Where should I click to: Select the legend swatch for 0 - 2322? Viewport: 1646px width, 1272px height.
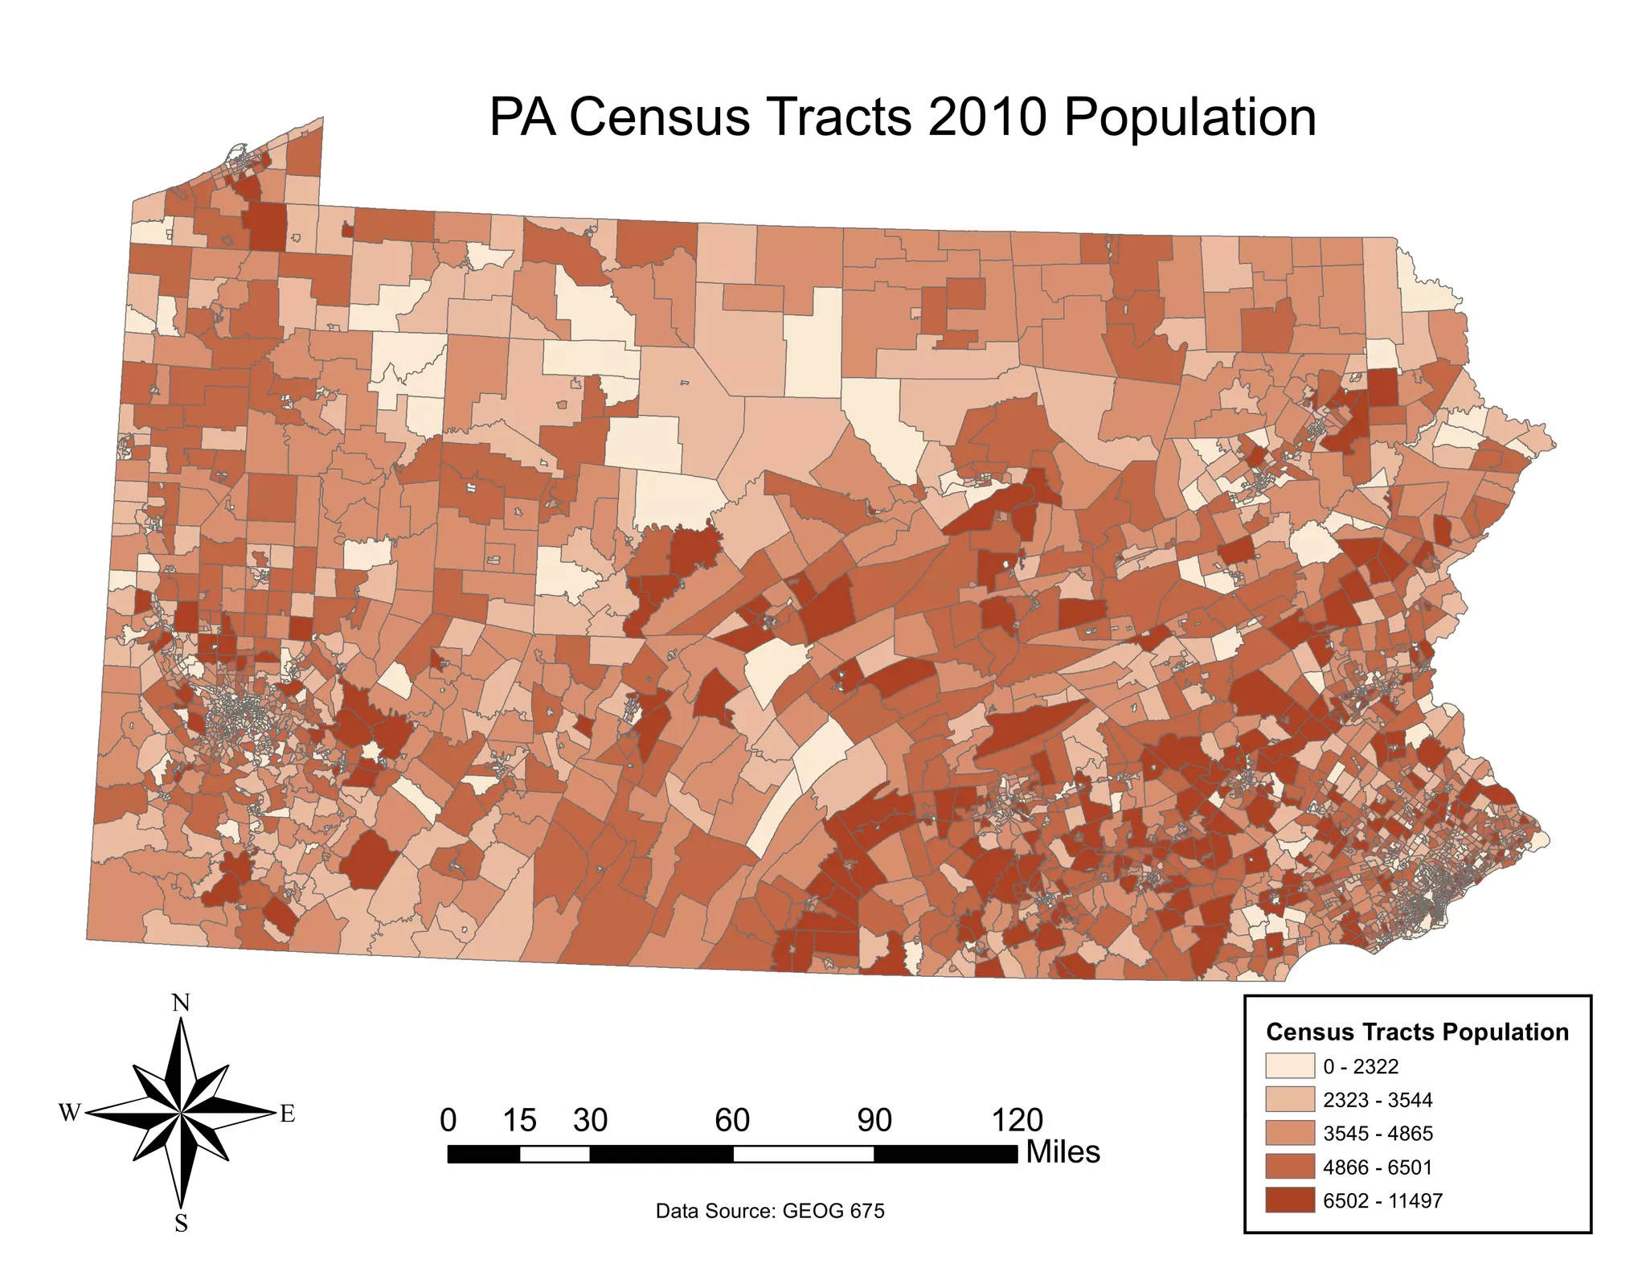pos(1289,1066)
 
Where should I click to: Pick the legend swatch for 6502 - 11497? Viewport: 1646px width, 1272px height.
pos(1289,1200)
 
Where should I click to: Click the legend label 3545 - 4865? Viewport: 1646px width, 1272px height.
pos(1378,1134)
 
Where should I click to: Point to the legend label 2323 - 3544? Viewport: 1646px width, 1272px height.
pos(1378,1100)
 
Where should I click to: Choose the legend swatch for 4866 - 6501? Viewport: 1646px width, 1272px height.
pos(1289,1167)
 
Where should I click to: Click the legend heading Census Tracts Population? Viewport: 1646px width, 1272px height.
pos(1417,1032)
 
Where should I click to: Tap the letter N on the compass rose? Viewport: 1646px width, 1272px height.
pos(182,1003)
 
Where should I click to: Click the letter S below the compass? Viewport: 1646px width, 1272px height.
pos(182,1223)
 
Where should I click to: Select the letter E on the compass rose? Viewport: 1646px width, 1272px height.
pos(287,1114)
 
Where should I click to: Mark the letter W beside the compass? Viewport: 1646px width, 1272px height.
pos(70,1114)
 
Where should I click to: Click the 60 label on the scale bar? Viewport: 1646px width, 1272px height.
pos(732,1120)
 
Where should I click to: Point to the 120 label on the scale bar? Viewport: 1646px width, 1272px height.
pos(1017,1120)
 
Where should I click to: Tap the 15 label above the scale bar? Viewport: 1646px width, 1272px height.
pos(519,1120)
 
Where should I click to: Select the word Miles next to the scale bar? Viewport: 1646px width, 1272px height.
pos(1063,1152)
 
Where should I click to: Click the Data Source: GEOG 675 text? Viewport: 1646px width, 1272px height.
pos(770,1211)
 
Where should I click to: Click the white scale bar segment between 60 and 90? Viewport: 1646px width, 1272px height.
pos(803,1155)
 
